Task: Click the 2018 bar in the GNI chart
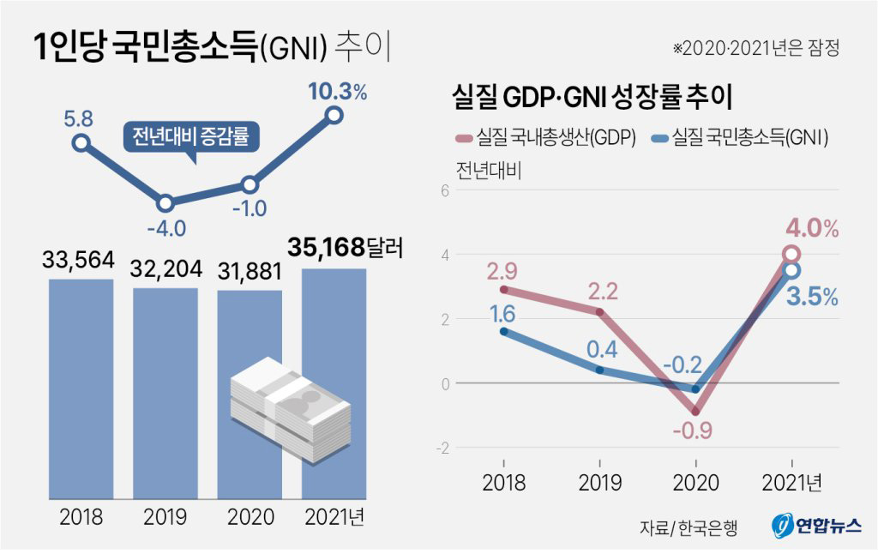pyautogui.click(x=81, y=386)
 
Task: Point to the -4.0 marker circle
pyautogui.click(x=165, y=203)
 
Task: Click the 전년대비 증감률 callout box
pyautogui.click(x=190, y=136)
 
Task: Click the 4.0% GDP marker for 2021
pyautogui.click(x=791, y=253)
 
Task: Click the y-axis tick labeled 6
pyautogui.click(x=444, y=190)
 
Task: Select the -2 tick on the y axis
pyautogui.click(x=442, y=448)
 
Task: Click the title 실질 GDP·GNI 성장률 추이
pyautogui.click(x=592, y=96)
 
